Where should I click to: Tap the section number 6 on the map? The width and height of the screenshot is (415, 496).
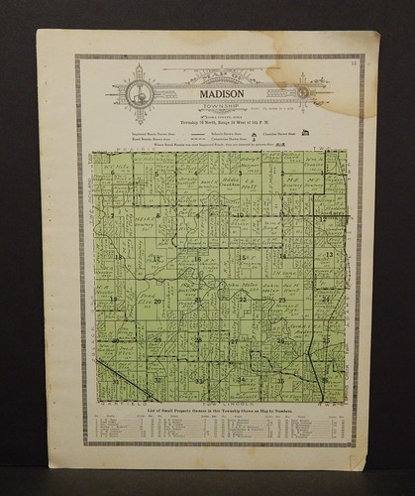115,172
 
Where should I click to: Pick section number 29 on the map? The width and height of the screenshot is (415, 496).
156,339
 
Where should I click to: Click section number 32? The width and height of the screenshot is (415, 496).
156,380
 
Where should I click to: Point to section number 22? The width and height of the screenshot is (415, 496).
241,299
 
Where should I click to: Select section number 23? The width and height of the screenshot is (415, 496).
282,299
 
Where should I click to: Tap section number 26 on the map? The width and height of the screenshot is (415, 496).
282,340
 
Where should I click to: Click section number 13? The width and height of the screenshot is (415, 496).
327,256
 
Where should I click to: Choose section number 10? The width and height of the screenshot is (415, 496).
239,214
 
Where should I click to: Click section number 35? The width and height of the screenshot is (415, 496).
281,381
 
